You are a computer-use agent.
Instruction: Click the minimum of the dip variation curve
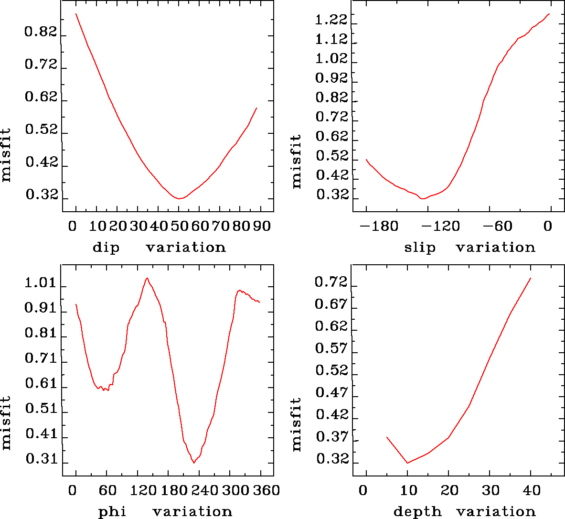click(x=179, y=198)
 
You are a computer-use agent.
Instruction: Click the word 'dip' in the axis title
click(x=106, y=248)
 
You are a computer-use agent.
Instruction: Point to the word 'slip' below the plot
click(x=420, y=248)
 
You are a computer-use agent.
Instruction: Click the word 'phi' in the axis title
click(x=113, y=512)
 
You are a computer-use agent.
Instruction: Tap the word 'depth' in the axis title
click(x=417, y=512)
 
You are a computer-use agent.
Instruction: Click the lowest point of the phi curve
click(x=194, y=463)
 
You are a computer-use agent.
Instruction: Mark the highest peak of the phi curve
click(x=147, y=278)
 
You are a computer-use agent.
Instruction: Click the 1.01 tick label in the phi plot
click(x=41, y=283)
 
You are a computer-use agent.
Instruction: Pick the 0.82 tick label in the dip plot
click(x=41, y=32)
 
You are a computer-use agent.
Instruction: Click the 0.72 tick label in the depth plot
click(x=331, y=283)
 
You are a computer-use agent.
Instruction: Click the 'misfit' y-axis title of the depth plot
click(x=297, y=424)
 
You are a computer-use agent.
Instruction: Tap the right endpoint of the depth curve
click(x=531, y=278)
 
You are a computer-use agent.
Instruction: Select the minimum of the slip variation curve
click(x=422, y=198)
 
